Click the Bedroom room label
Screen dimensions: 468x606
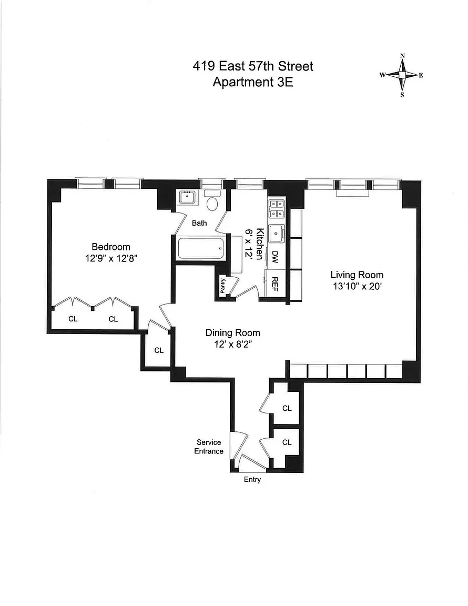coord(111,247)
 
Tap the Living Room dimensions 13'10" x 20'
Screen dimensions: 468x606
coord(357,286)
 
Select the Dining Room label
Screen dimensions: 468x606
coord(232,332)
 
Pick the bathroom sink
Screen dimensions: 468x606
coord(187,197)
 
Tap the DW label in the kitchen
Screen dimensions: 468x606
coord(274,257)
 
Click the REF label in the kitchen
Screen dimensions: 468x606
coord(274,285)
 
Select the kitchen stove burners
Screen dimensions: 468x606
coord(277,208)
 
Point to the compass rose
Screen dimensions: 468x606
coord(402,75)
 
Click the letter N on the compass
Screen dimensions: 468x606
coord(402,56)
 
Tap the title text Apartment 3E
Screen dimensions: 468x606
coord(252,82)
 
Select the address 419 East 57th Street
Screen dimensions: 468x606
coord(252,66)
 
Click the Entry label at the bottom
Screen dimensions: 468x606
coord(252,480)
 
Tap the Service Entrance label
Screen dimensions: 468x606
coord(209,447)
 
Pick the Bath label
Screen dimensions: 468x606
coord(199,223)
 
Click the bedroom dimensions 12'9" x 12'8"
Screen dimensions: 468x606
coord(111,258)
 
